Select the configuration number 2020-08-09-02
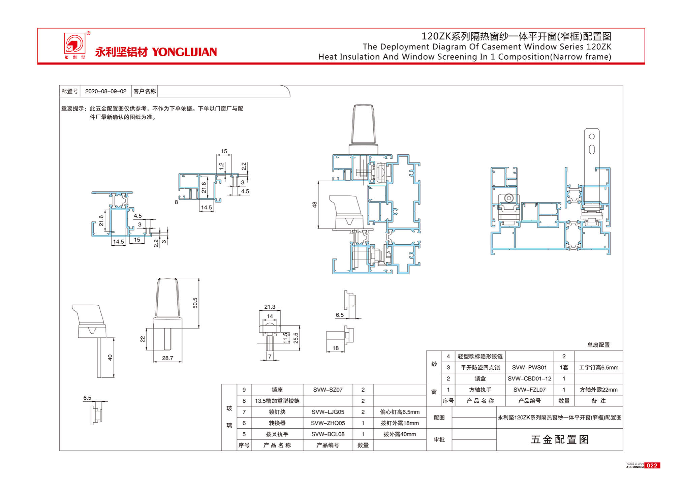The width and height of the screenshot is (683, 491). tap(106, 91)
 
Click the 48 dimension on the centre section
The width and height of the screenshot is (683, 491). tap(314, 205)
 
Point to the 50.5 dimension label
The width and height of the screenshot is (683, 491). tap(195, 303)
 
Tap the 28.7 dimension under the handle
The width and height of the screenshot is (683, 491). tap(167, 358)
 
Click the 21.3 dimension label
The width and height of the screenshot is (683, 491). tap(270, 307)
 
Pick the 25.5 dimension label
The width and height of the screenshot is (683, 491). tap(296, 338)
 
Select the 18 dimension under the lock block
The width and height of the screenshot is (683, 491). tap(336, 348)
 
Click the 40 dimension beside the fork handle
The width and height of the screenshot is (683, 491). tap(110, 358)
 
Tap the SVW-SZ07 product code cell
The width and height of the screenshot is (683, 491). tap(328, 390)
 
